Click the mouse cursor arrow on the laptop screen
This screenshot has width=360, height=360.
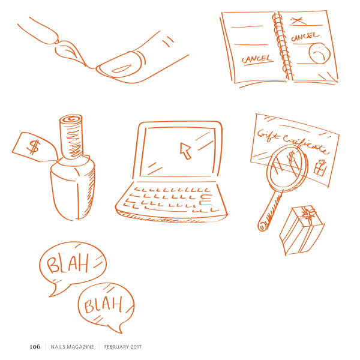pyautogui.click(x=185, y=151)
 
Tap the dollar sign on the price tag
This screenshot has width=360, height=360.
pyautogui.click(x=34, y=147)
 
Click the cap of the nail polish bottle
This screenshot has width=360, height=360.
pyautogui.click(x=71, y=137)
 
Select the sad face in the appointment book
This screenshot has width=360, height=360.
pyautogui.click(x=319, y=53)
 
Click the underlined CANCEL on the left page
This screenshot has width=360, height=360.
pyautogui.click(x=257, y=59)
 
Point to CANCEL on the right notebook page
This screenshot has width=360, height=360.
pyautogui.click(x=305, y=37)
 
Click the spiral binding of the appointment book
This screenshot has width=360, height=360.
pyautogui.click(x=282, y=46)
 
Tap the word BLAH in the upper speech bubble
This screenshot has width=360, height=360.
pyautogui.click(x=67, y=263)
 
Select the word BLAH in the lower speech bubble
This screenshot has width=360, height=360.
pyautogui.click(x=103, y=304)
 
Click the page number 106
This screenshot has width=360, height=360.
pyautogui.click(x=35, y=346)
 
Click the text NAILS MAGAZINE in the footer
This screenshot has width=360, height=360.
pyautogui.click(x=72, y=347)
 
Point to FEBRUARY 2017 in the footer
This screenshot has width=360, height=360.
pyautogui.click(x=123, y=347)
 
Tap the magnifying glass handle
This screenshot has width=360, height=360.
pyautogui.click(x=270, y=211)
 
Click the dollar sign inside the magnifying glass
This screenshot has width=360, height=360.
pyautogui.click(x=292, y=157)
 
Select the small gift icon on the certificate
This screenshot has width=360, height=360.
pyautogui.click(x=320, y=168)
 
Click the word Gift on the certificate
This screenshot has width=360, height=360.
pyautogui.click(x=268, y=135)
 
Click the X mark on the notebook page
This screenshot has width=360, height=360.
pyautogui.click(x=298, y=20)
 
